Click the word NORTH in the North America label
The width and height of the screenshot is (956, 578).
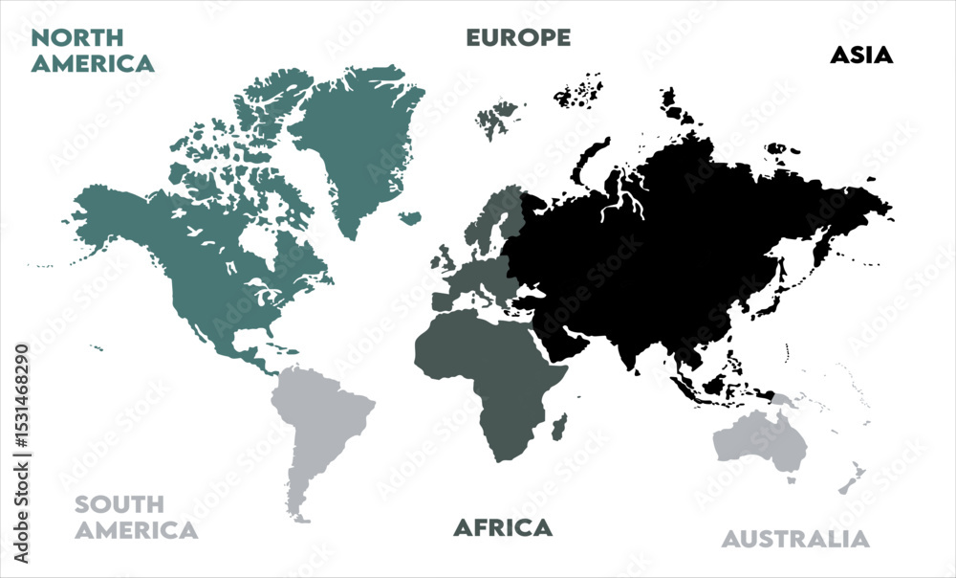[78, 38]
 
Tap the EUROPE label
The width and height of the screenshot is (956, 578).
[518, 38]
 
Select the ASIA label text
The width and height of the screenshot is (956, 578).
[861, 56]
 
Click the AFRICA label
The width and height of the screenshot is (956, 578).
[503, 527]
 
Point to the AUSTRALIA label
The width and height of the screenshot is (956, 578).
[795, 539]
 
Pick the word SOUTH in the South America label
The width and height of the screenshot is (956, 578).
[119, 504]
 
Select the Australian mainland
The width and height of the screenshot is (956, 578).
[760, 440]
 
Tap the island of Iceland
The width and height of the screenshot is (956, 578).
[410, 218]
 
